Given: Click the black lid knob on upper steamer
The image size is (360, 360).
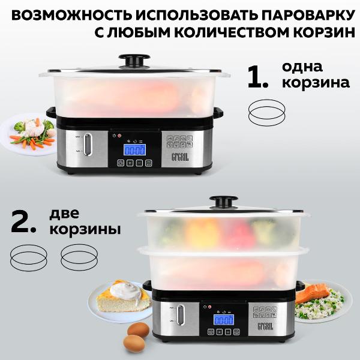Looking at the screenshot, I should coord(134,60).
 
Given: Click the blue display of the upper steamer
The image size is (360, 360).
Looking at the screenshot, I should coord(134,150).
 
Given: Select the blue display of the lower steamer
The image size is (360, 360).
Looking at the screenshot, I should coord(224,320).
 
